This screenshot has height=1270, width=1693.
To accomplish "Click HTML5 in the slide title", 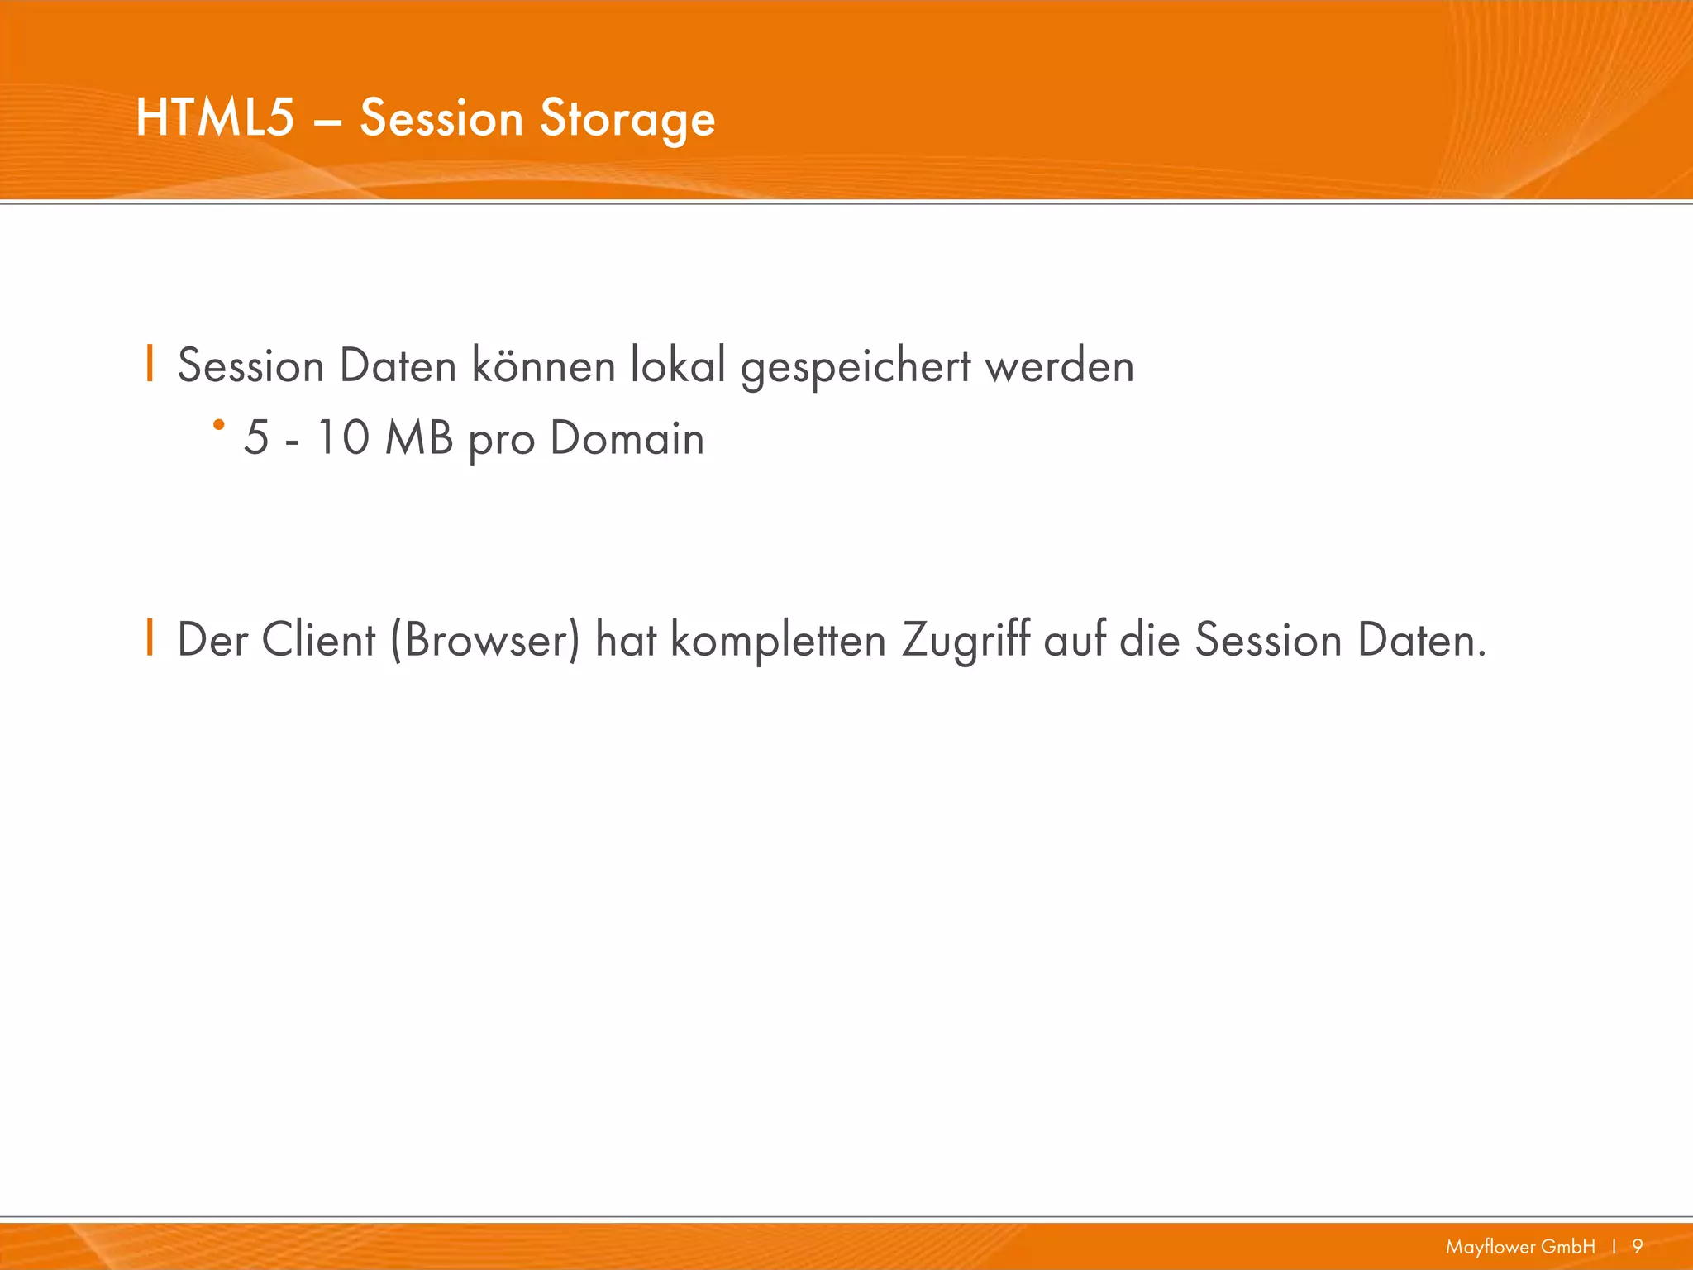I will pyautogui.click(x=215, y=117).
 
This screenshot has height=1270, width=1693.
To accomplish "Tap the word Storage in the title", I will pyautogui.click(x=627, y=119).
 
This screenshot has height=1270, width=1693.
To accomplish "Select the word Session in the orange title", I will pyautogui.click(x=441, y=117).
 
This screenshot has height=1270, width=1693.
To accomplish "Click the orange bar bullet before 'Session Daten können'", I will pyautogui.click(x=150, y=364).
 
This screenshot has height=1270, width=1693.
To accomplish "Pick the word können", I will pyautogui.click(x=543, y=365).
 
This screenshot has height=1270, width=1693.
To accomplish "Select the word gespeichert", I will pyautogui.click(x=856, y=367).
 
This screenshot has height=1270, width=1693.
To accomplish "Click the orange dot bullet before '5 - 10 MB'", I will pyautogui.click(x=218, y=425).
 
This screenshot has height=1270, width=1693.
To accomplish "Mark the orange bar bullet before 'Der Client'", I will pyautogui.click(x=150, y=637).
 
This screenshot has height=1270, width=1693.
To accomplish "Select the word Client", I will pyautogui.click(x=318, y=640).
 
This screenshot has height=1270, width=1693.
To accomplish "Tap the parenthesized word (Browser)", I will pyautogui.click(x=485, y=640).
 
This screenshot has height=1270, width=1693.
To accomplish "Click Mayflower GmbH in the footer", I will pyautogui.click(x=1520, y=1246).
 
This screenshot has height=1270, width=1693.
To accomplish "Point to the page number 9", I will pyautogui.click(x=1638, y=1246).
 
